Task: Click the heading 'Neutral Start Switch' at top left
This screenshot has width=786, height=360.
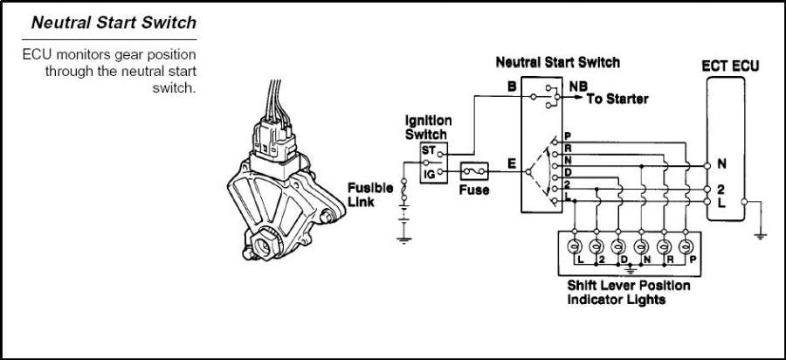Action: (114, 21)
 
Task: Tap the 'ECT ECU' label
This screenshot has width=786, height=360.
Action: (731, 66)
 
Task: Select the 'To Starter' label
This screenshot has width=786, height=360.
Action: (617, 99)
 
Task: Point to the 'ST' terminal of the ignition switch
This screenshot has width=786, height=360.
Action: (429, 150)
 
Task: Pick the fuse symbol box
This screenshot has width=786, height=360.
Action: (474, 172)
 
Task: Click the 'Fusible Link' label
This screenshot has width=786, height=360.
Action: (370, 194)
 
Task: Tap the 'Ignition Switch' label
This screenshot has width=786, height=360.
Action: (427, 128)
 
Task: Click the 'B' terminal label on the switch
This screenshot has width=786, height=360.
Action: (512, 87)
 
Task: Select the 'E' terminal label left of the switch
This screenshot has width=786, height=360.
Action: (511, 163)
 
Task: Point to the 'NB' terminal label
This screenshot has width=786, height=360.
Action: (577, 87)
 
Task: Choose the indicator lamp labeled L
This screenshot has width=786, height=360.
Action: (576, 246)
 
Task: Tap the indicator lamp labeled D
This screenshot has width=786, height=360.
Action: (619, 246)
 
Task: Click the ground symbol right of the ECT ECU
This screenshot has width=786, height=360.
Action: (762, 232)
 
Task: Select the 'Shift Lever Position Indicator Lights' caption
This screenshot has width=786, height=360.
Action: (628, 293)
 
